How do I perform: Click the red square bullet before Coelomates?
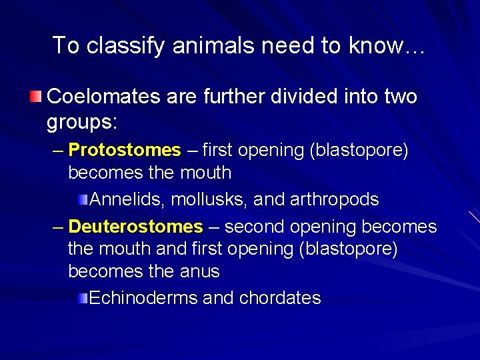pos(36,97)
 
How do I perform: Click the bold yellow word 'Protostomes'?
pos(125,150)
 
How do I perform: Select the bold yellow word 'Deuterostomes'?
pos(135,227)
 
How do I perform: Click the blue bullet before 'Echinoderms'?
pos(81,298)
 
